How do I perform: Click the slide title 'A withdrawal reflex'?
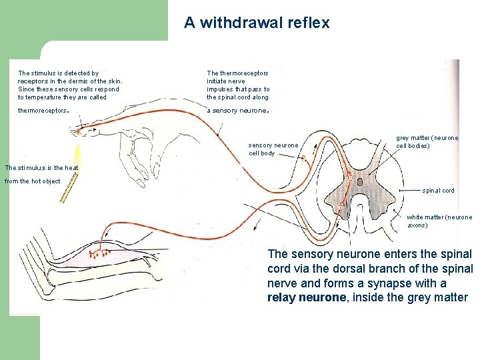pos(257,23)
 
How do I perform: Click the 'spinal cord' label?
pos(438,191)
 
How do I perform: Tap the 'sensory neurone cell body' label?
pos(273,149)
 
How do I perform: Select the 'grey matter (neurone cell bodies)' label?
pos(427,141)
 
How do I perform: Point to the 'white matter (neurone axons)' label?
pos(439,221)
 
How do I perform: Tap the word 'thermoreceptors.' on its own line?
pos(43,111)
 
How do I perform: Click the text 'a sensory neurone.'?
pos(237,111)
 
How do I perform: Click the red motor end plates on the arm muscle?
pos(103,253)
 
